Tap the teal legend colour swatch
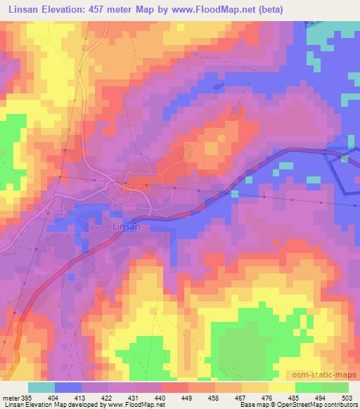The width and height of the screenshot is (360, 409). coord(41,387)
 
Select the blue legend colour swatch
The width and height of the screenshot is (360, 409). coord(68,387)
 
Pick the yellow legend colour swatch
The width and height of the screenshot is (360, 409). coord(282,387)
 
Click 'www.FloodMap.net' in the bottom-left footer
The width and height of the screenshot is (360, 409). coord(137,405)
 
